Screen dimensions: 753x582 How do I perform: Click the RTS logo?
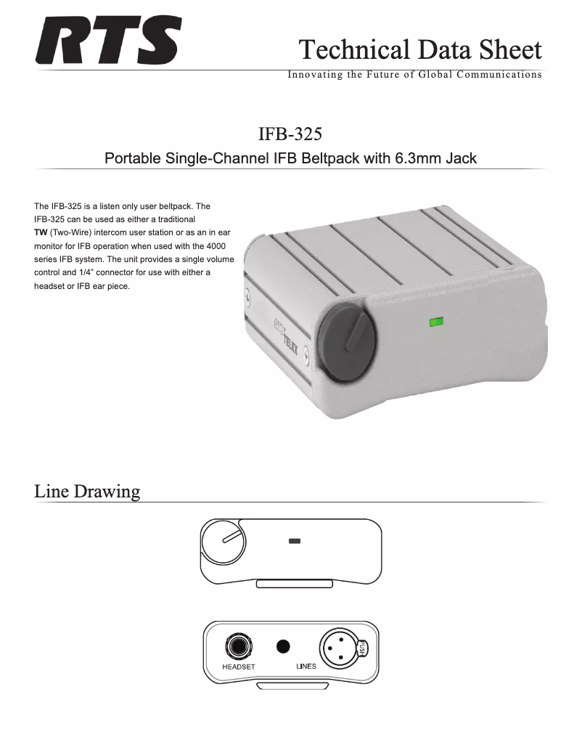point(109,42)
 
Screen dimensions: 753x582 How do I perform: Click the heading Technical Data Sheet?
point(420,49)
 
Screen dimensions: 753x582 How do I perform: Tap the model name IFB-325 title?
point(290,134)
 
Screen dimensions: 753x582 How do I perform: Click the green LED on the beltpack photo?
point(436,320)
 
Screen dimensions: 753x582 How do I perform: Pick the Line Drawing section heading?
point(87,492)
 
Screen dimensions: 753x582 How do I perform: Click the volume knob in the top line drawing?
point(222,545)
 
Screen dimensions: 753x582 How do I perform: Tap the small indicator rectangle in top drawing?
point(295,541)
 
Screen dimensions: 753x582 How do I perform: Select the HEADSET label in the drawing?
point(238,666)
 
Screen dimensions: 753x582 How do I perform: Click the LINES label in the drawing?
point(306,666)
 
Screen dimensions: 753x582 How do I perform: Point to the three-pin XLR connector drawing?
point(337,646)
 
